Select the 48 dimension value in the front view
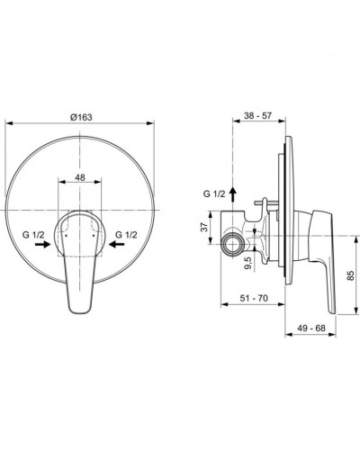(x=80, y=179)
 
